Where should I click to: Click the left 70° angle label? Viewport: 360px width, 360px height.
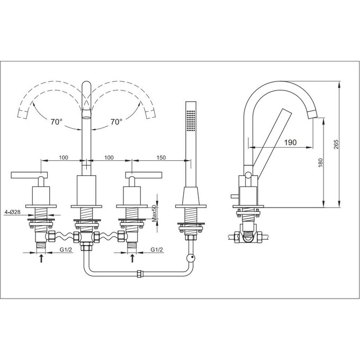pyautogui.click(x=57, y=122)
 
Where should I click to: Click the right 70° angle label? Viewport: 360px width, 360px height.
pyautogui.click(x=116, y=122)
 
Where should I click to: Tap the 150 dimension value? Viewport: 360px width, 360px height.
pyautogui.click(x=161, y=158)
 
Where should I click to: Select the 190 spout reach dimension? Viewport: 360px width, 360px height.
pyautogui.click(x=291, y=142)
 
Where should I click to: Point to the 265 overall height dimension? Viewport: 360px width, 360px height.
pyautogui.click(x=336, y=144)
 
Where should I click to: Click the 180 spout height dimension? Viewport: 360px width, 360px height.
pyautogui.click(x=321, y=163)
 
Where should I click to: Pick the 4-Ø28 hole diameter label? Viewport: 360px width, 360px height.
pyautogui.click(x=12, y=212)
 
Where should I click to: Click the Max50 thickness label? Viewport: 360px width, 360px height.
pyautogui.click(x=154, y=213)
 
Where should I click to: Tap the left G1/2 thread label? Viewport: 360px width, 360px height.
pyautogui.click(x=66, y=249)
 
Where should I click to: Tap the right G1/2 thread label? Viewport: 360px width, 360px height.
pyautogui.click(x=157, y=249)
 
